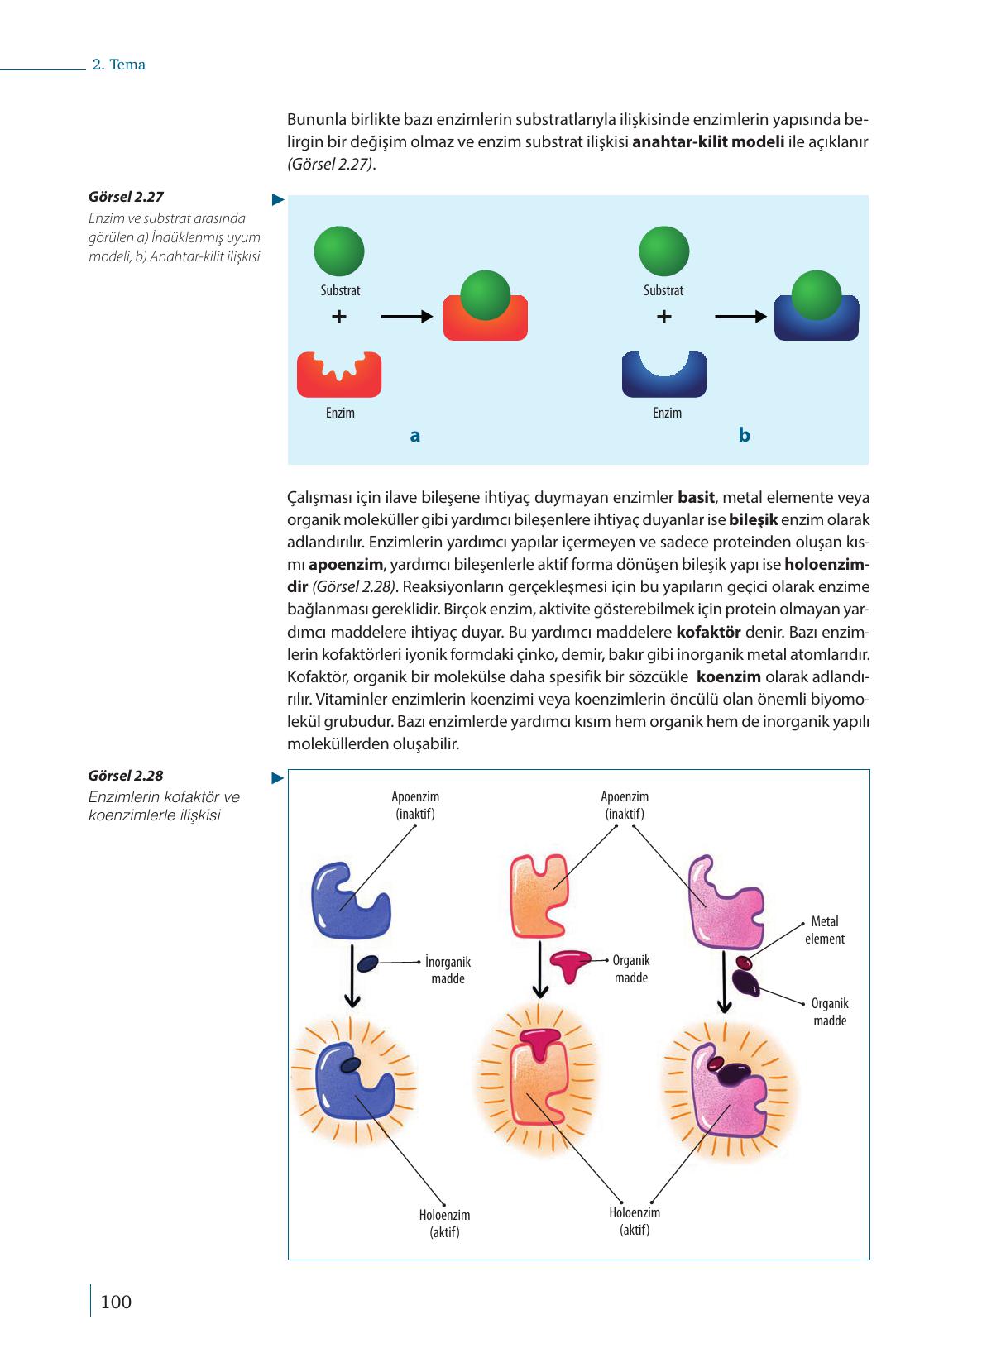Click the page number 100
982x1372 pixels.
[115, 1302]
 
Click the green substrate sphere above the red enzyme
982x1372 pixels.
[338, 251]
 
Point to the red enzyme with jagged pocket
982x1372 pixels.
[339, 375]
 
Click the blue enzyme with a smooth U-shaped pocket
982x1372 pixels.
[664, 375]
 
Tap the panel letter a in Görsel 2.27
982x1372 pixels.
[415, 435]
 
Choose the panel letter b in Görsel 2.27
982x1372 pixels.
[744, 435]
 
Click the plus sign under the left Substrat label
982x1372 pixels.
[338, 317]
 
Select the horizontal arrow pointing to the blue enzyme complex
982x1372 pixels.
[740, 316]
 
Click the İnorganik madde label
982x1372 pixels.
[448, 970]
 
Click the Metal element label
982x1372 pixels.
[824, 930]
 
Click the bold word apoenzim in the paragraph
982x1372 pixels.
[346, 565]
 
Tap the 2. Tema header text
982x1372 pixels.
[118, 65]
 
